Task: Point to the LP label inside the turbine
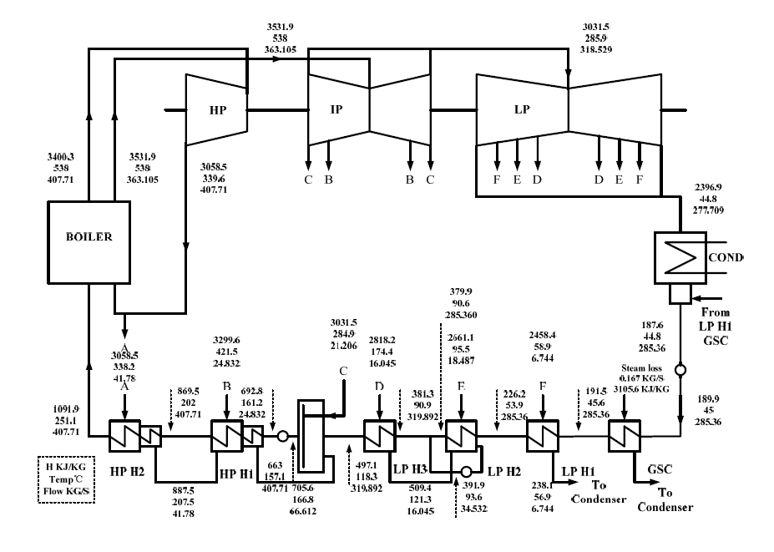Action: [523, 109]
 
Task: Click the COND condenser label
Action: [722, 257]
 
